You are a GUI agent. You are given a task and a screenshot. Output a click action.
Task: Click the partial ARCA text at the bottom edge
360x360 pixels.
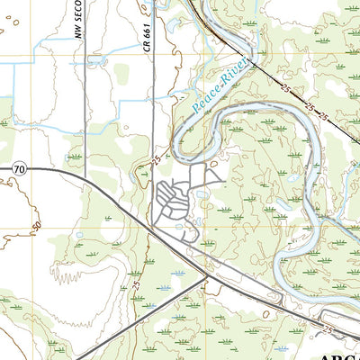pyautogui.click(x=337, y=354)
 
